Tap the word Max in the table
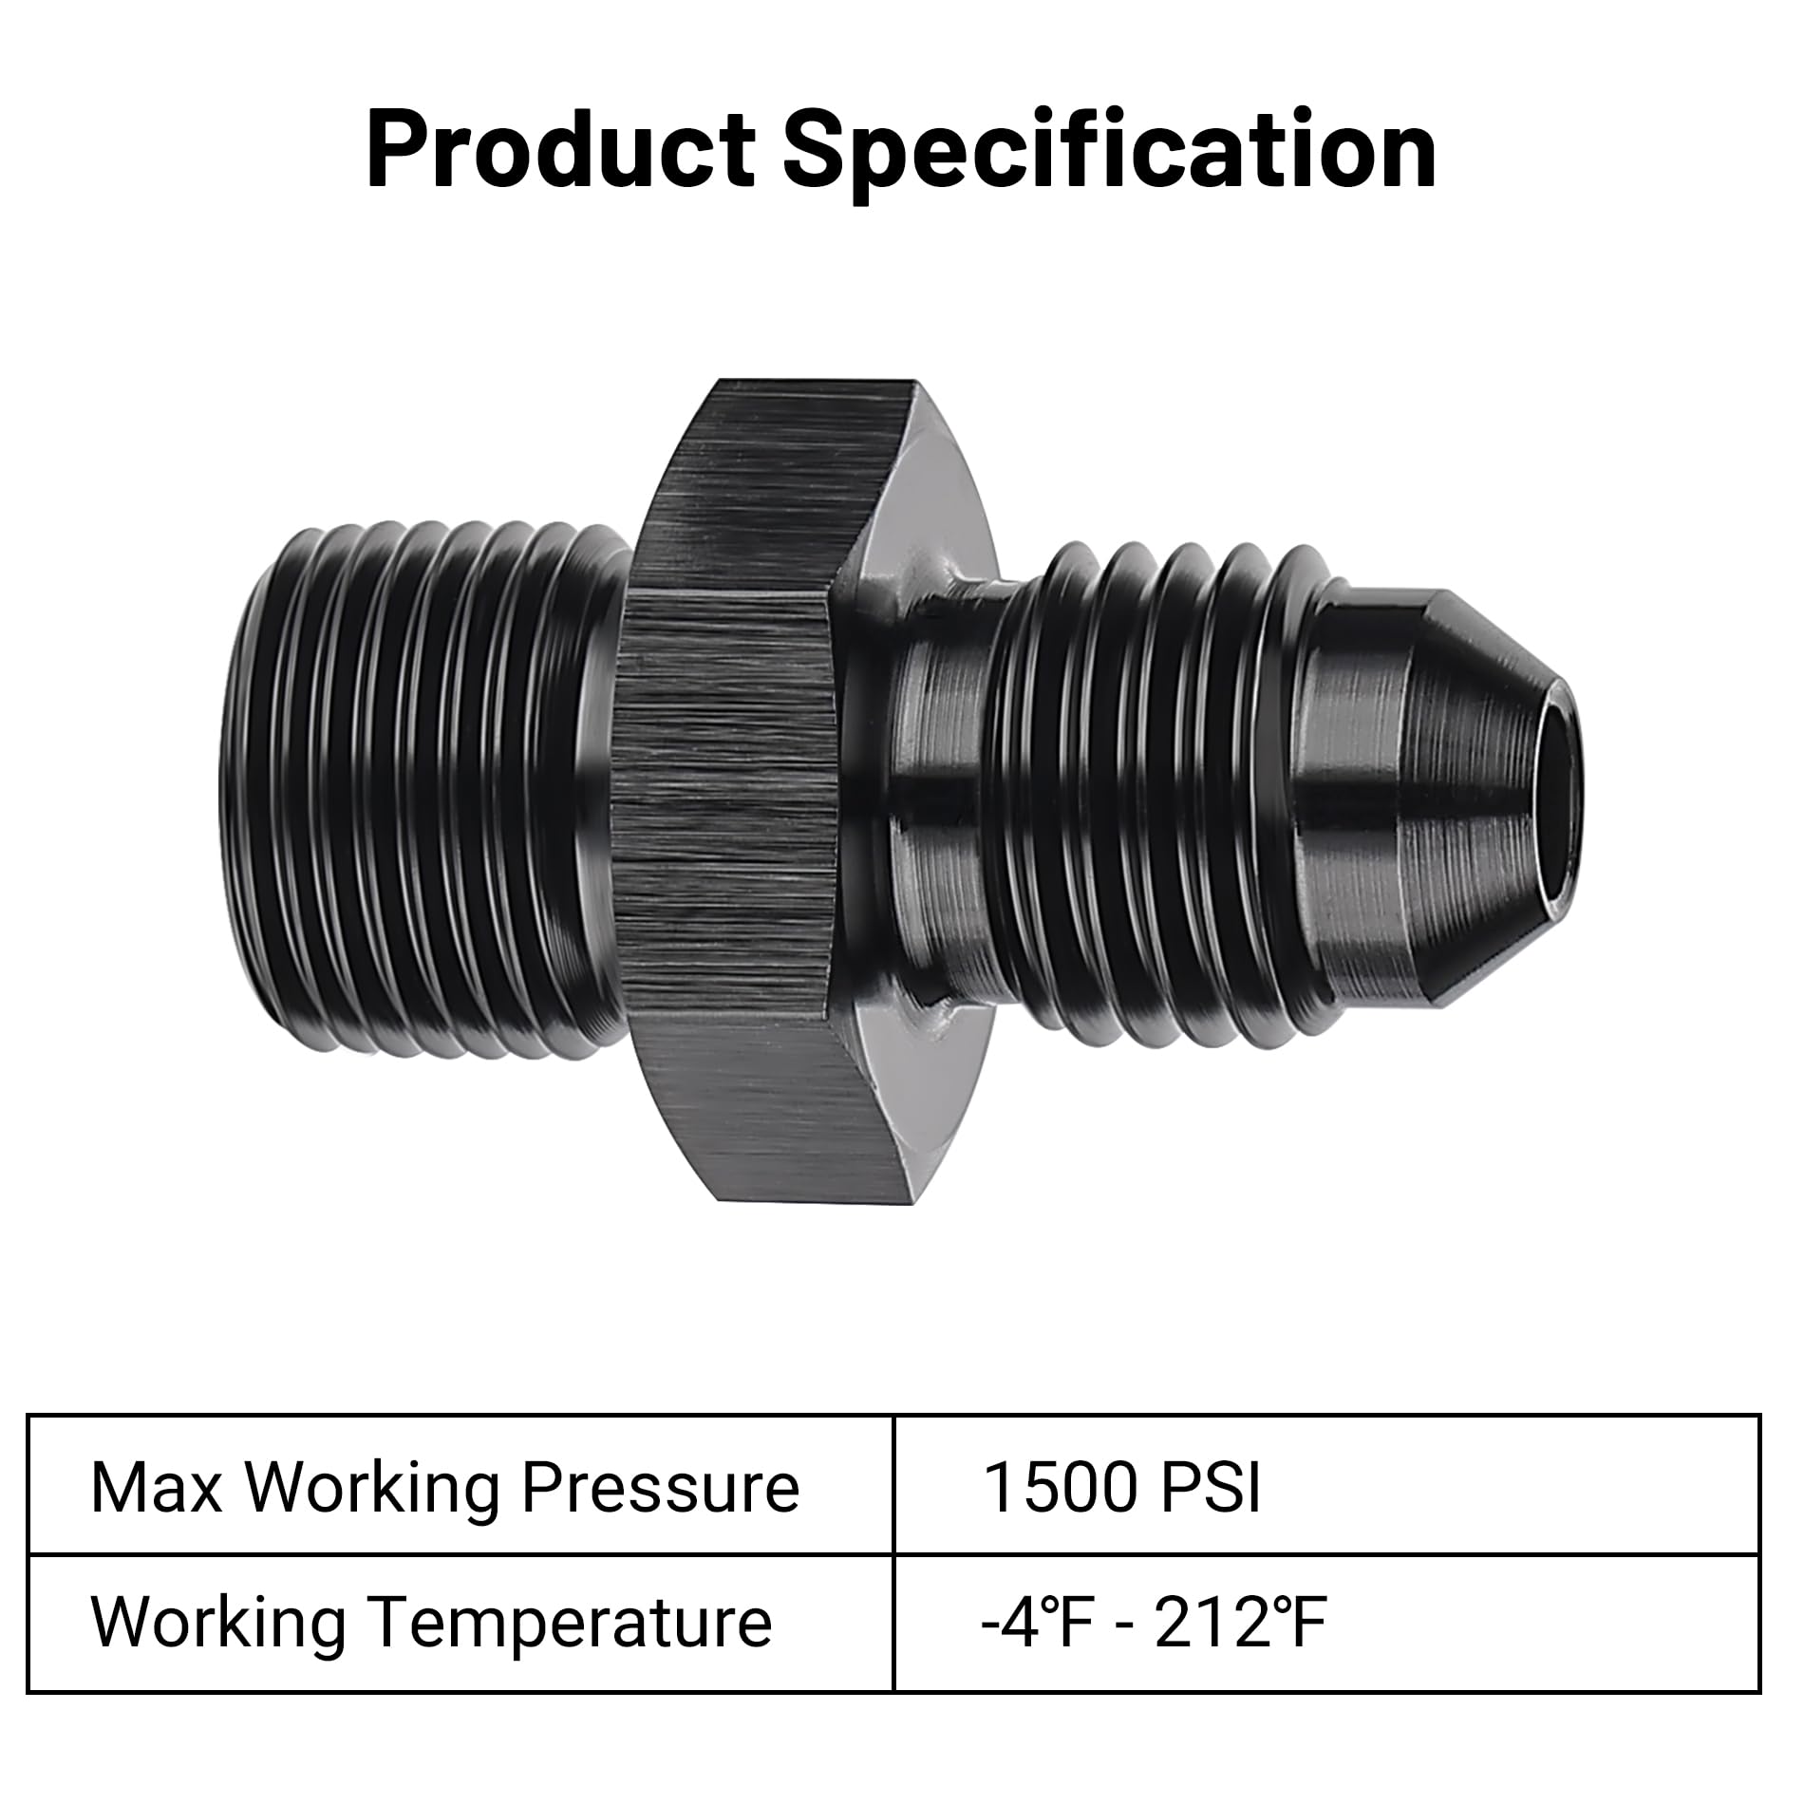click(x=156, y=1488)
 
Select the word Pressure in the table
click(x=660, y=1488)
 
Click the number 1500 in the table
click(x=1059, y=1488)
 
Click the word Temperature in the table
click(x=570, y=1623)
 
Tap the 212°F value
click(x=1239, y=1623)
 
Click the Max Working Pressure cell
click(x=460, y=1488)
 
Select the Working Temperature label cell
click(x=460, y=1623)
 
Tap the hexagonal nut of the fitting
click(x=726, y=798)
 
